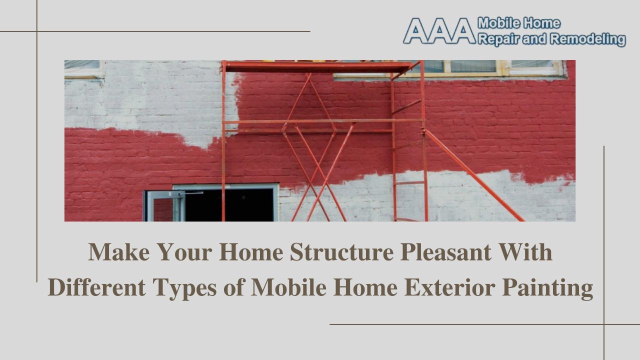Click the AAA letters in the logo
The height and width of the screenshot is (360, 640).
439,31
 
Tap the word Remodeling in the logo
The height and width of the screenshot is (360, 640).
588,39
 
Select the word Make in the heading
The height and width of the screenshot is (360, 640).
119,252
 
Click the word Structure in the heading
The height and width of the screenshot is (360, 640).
341,252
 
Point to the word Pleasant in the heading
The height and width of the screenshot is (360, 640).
446,252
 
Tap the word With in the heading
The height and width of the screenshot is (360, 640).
525,252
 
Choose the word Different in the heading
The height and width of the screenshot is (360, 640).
96,287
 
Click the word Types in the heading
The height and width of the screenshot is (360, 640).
184,289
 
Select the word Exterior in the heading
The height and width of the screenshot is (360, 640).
449,287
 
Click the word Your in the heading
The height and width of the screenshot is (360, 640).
184,252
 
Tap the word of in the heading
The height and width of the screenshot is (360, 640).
233,287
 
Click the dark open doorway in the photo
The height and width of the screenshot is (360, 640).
229,205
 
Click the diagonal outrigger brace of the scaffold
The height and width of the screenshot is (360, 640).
474,175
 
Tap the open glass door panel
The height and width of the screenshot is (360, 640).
165,206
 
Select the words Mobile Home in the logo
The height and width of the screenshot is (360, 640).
519,23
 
